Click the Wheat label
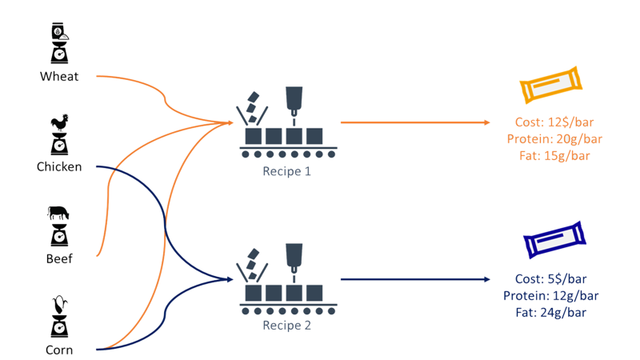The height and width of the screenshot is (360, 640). [59, 77]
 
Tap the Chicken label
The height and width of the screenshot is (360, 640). [59, 167]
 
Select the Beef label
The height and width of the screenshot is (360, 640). [59, 259]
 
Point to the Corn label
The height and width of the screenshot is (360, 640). [59, 350]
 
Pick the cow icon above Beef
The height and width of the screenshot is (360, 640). [58, 214]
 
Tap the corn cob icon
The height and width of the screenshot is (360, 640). [58, 306]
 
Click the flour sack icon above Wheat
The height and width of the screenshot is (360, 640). [59, 32]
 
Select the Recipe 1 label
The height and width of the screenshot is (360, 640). [286, 171]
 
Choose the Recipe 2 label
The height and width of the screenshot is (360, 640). [286, 326]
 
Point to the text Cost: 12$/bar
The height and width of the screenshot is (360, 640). [554, 123]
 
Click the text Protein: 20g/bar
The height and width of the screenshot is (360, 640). [554, 139]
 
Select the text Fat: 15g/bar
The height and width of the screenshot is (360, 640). [554, 155]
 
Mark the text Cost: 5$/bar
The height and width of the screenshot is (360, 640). [551, 280]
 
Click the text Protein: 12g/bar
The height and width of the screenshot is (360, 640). [551, 296]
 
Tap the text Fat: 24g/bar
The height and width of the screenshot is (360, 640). [551, 312]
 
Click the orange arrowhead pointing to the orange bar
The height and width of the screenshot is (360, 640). [486, 122]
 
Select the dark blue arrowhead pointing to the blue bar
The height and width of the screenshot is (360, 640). [486, 279]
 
